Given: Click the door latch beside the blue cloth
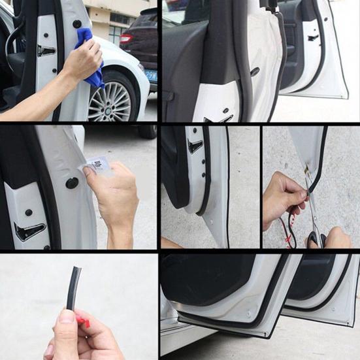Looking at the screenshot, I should coord(46,51).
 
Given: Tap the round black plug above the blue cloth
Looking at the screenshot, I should coord(77,24).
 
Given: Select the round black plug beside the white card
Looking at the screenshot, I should coord(72,183).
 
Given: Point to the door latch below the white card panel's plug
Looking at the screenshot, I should coord(30,231).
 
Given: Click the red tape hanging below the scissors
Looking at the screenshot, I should coord(288,238).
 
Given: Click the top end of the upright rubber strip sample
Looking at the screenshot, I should coord(76,270).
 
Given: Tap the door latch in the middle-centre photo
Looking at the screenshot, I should coord(195,146).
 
